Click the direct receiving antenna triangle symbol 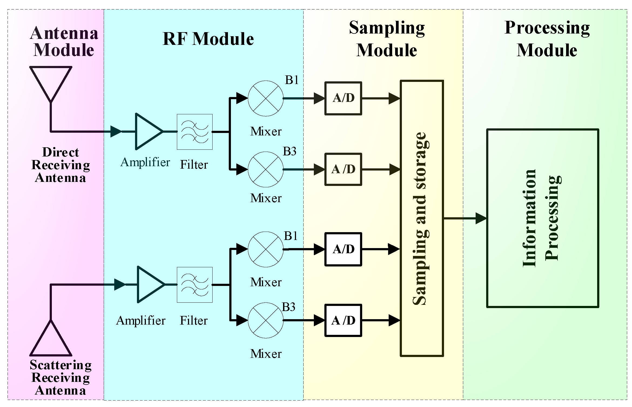[x=51, y=81]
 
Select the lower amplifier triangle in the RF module [x=149, y=285]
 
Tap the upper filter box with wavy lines [x=194, y=132]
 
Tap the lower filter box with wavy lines [x=194, y=285]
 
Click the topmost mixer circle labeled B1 [x=265, y=98]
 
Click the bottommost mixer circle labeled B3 [x=265, y=320]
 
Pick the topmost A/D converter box [x=343, y=98]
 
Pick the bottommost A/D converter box [x=343, y=320]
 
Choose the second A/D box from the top [x=343, y=169]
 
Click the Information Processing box [x=543, y=218]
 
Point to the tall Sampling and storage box [x=422, y=218]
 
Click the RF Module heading [x=208, y=39]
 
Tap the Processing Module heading [x=547, y=39]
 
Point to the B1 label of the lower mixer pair [x=291, y=236]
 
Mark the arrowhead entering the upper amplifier [x=116, y=132]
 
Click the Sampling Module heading [x=387, y=39]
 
